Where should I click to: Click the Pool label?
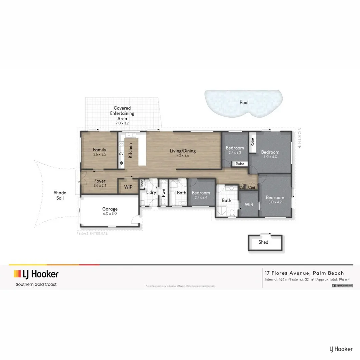click(x=244, y=103)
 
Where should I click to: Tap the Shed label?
click(x=263, y=242)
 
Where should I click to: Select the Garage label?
click(x=110, y=209)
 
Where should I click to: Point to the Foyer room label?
click(x=100, y=181)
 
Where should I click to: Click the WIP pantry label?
click(x=128, y=187)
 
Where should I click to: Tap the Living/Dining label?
click(x=183, y=151)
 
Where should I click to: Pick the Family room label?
click(x=100, y=150)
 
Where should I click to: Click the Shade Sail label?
click(x=60, y=195)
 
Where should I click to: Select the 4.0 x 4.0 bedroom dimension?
click(x=270, y=157)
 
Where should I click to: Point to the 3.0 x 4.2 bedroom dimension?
click(x=275, y=202)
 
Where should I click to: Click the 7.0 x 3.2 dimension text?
click(x=122, y=123)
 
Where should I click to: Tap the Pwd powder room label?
click(x=163, y=193)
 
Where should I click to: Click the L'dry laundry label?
click(x=151, y=193)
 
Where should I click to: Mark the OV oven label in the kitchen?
click(x=122, y=154)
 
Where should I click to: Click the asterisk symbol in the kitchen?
click(x=122, y=163)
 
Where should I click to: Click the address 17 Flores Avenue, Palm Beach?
click(x=304, y=273)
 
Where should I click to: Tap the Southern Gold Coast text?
click(x=36, y=284)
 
